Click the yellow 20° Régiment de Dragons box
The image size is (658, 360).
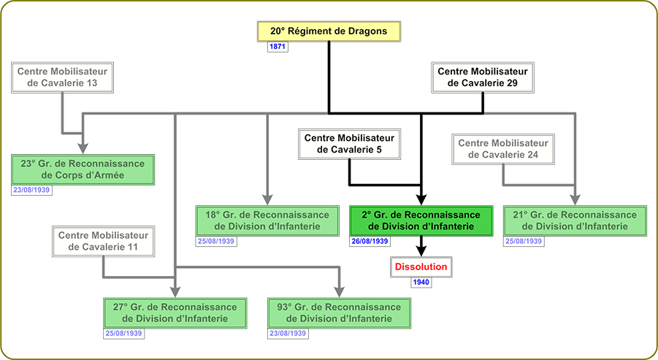tap(329, 31)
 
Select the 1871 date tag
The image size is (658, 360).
tap(278, 47)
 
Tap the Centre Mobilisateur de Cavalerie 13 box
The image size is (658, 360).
tap(62, 77)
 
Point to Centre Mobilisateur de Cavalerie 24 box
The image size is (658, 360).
tap(502, 150)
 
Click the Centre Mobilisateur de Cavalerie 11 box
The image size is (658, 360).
tap(103, 242)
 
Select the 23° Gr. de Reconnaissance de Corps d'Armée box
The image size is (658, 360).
tap(83, 169)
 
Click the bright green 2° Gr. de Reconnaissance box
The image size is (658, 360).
tap(421, 221)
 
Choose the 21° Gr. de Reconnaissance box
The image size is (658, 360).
tap(575, 221)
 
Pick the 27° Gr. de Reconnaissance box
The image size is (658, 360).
tap(175, 313)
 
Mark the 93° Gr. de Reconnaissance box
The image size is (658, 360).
tap(339, 313)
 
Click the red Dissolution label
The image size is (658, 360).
tap(421, 267)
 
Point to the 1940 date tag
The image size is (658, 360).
tap(421, 282)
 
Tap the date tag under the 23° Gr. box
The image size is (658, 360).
tap(31, 190)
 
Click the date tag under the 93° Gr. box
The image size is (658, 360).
tap(288, 334)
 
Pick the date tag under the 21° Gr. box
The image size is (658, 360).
tap(524, 241)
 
